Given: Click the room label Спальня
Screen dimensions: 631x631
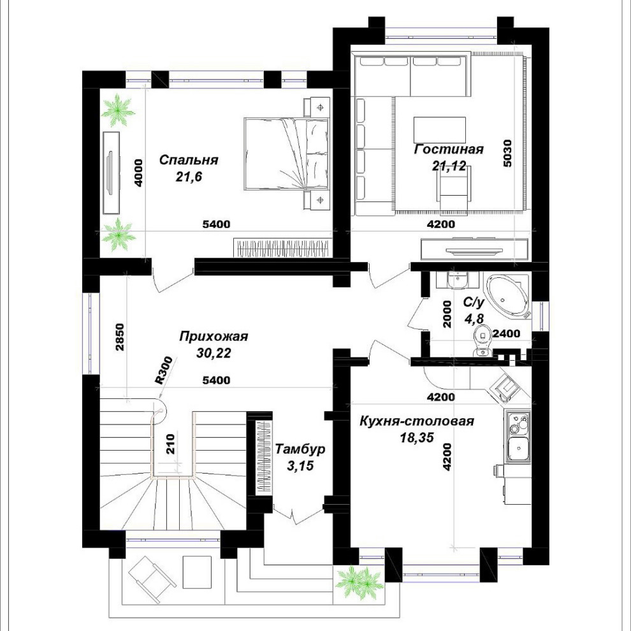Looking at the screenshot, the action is [188, 160].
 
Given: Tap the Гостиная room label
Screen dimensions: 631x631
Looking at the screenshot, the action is [449, 149].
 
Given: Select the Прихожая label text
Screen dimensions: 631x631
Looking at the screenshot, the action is [214, 336].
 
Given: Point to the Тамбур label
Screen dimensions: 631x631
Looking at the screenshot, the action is [300, 449].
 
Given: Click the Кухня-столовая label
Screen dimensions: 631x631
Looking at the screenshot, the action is [416, 421].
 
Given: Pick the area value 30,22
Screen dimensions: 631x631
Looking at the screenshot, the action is [214, 353].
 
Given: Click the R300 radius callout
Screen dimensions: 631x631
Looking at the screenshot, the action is [164, 370].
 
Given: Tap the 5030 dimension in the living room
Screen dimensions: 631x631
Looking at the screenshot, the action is [507, 153].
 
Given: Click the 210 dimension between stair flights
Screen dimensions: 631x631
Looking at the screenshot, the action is [171, 444].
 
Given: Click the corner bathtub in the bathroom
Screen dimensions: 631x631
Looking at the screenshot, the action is [507, 296].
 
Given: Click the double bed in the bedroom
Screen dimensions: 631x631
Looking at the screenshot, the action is [287, 154].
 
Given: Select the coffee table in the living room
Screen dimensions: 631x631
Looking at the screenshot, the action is [439, 130].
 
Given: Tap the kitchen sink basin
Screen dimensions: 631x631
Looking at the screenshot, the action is [517, 449].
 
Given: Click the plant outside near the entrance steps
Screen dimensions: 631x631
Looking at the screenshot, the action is [359, 582].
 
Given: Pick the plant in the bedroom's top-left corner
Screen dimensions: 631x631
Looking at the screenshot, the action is [118, 110].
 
